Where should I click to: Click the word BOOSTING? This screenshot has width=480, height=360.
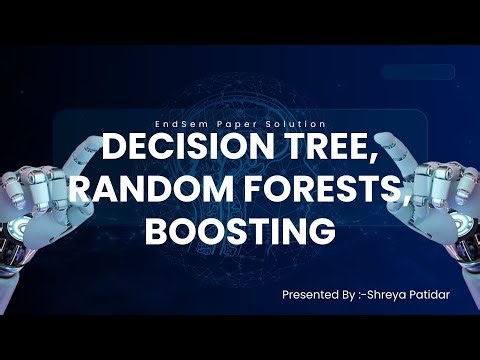pos(239,230)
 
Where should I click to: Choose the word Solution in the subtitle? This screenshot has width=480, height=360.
pos(287,123)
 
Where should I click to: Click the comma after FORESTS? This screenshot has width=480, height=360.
pos(406,204)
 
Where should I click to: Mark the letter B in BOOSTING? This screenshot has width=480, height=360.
pos(158,230)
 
